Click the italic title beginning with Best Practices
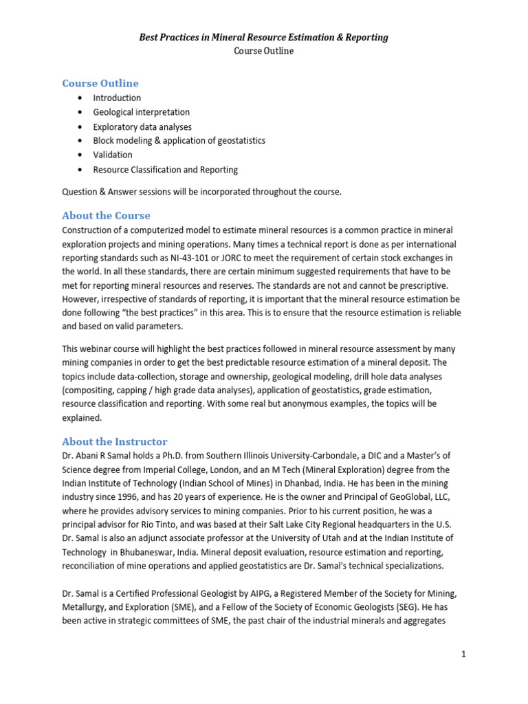[x=264, y=37]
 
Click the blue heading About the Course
[x=106, y=215]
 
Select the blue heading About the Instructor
[x=114, y=441]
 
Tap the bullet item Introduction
[x=117, y=98]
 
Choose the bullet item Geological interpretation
[x=141, y=112]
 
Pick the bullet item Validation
[x=113, y=155]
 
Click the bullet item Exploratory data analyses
[x=142, y=126]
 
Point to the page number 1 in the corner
[x=464, y=654]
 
